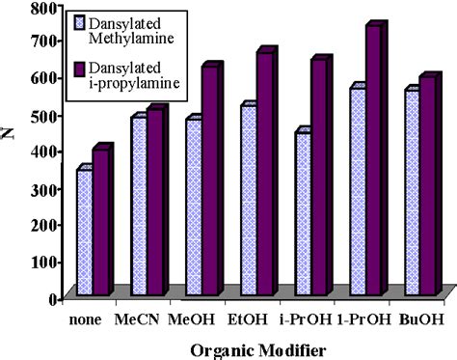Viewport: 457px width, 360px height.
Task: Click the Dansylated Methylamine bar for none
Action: click(84, 232)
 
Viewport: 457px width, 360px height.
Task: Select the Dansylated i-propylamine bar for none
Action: click(100, 222)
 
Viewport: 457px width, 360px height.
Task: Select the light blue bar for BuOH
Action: click(411, 192)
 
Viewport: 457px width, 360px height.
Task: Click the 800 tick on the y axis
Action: click(40, 8)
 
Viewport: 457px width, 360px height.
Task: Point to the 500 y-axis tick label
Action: click(40, 116)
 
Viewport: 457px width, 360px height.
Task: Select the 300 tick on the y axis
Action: click(40, 189)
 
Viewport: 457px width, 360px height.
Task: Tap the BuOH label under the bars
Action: click(419, 318)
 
